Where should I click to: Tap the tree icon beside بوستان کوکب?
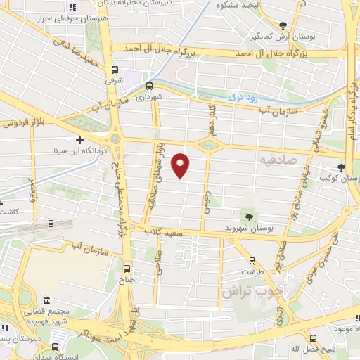341,167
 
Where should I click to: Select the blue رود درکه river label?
243,99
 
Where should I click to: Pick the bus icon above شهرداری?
148,86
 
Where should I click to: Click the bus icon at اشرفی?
114,69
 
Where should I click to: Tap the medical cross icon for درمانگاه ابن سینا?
79,139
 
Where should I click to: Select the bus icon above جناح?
127,269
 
